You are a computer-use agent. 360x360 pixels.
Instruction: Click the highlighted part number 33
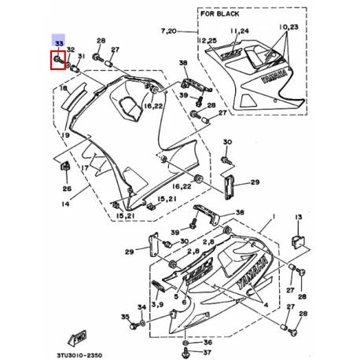pyautogui.click(x=59, y=45)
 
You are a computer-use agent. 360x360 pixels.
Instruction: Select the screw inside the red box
pyautogui.click(x=59, y=61)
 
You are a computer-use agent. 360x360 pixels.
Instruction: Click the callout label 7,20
pyautogui.click(x=169, y=30)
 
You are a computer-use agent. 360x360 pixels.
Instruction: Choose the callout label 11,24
pyautogui.click(x=239, y=31)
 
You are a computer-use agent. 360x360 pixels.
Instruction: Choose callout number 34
pyautogui.click(x=141, y=307)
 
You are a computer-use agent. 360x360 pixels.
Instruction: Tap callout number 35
pyautogui.click(x=124, y=316)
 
